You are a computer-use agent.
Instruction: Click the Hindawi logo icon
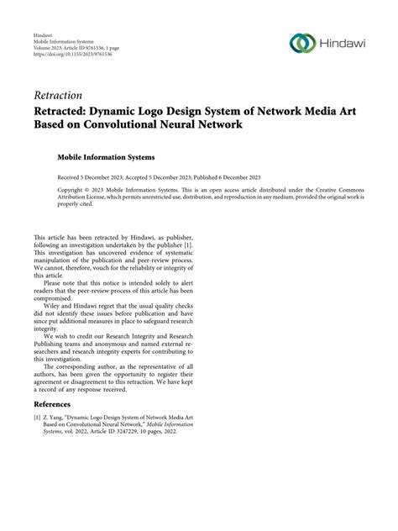(301, 42)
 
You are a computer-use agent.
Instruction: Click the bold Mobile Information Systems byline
(105, 157)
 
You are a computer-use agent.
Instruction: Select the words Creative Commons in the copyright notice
(334, 191)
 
